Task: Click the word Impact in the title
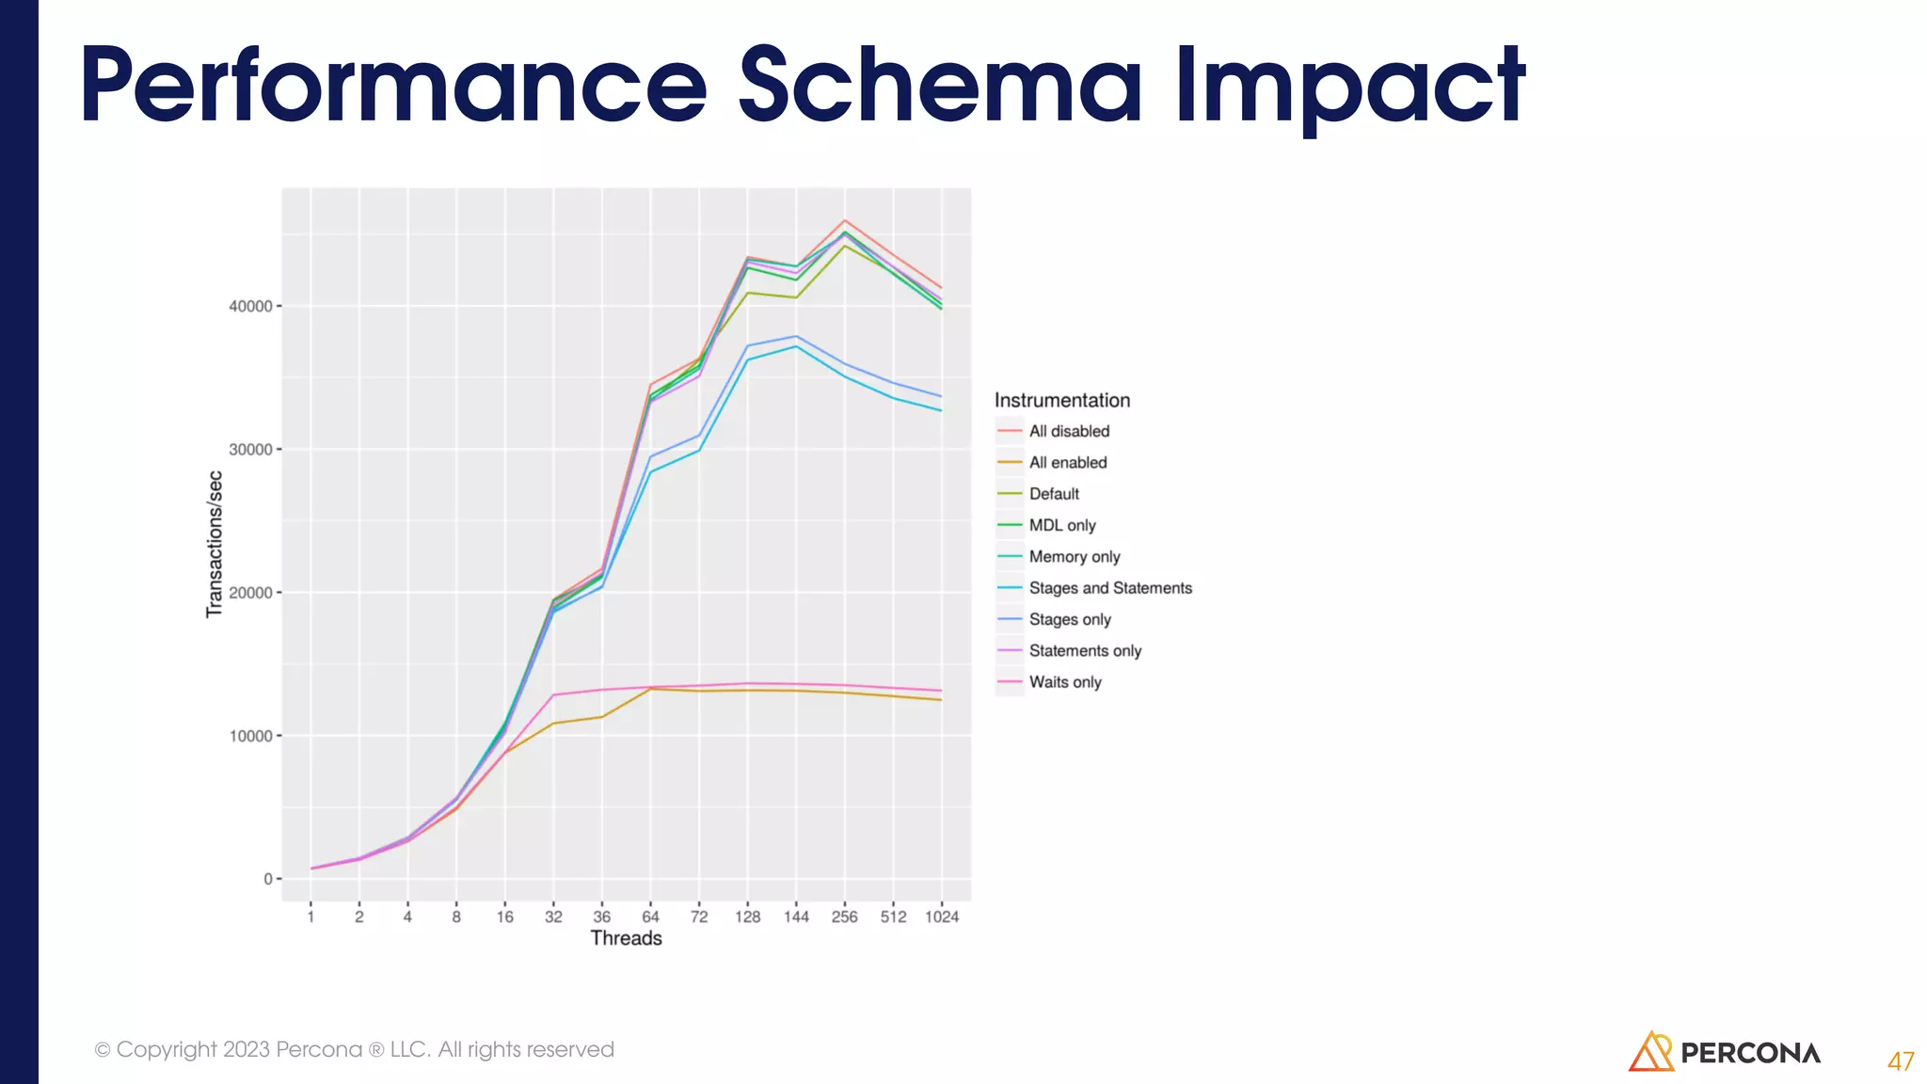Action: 1350,87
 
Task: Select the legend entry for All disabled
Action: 1069,431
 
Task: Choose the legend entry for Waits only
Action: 1064,682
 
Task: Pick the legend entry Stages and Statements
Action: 1109,588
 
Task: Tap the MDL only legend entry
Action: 1061,525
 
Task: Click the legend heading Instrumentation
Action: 1061,400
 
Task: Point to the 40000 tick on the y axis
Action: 250,307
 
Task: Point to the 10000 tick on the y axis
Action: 250,736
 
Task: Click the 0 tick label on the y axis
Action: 268,879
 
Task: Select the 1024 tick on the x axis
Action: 941,917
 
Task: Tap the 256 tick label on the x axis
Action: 844,917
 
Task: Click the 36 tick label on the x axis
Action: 602,917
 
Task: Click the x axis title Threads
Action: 626,938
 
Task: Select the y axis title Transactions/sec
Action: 215,544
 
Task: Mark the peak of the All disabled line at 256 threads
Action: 845,220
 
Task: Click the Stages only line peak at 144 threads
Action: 796,336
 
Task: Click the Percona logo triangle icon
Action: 1649,1052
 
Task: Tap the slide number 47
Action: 1900,1061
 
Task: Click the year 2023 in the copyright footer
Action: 247,1049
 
